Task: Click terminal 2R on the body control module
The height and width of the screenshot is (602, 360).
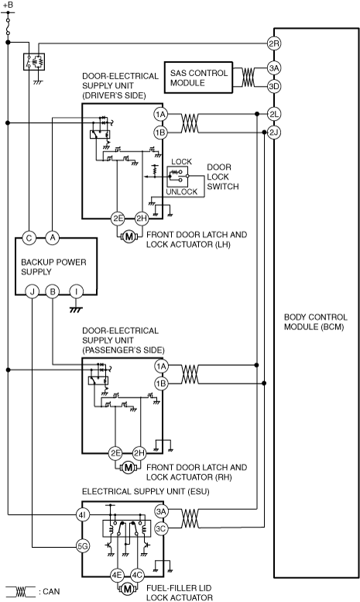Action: tap(273, 43)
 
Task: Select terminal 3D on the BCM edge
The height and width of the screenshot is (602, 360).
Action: tap(273, 86)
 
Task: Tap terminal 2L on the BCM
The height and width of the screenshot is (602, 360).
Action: tap(273, 114)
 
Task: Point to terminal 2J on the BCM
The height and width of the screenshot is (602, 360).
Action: tap(273, 132)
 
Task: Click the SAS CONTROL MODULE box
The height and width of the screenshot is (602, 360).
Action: tap(198, 77)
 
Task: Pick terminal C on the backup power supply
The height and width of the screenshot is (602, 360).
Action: tap(29, 238)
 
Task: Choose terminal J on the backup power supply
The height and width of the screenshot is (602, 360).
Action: tap(33, 292)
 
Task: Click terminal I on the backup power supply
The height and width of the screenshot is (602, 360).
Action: tap(77, 292)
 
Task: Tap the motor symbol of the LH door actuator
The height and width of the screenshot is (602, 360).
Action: tap(129, 237)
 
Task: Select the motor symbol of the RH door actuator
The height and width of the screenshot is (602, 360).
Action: tap(128, 468)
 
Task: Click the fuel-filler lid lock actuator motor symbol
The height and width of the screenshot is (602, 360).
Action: tap(128, 589)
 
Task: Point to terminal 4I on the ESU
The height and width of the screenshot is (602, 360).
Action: tap(82, 515)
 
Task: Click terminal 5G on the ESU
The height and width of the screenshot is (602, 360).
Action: tap(82, 547)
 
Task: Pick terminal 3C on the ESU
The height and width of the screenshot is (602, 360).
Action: tap(161, 529)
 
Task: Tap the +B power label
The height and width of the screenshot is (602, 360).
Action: tap(8, 5)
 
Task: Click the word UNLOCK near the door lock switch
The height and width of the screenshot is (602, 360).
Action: tap(181, 191)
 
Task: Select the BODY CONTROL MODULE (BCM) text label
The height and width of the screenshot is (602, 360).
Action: tap(315, 322)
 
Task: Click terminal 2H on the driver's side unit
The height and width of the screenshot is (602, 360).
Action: tap(141, 218)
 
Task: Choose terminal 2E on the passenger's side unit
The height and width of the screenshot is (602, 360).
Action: tap(115, 453)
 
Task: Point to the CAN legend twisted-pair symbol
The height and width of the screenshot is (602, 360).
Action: tap(20, 592)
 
